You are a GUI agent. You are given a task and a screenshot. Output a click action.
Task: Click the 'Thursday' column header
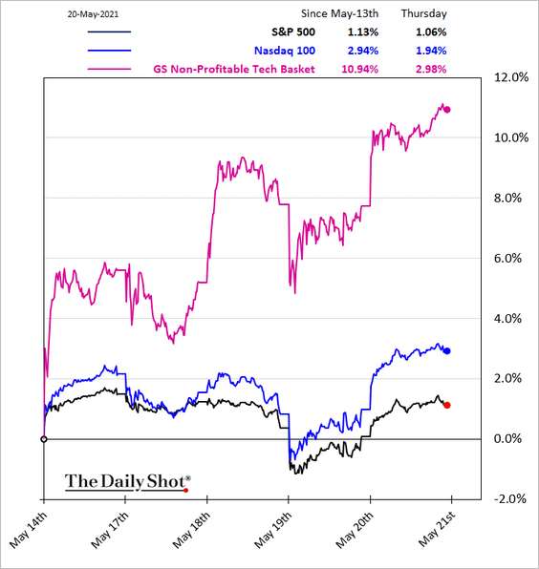tap(423, 15)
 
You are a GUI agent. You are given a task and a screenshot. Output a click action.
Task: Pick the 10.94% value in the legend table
tap(360, 69)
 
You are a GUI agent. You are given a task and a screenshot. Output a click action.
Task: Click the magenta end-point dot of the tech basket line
tap(449, 110)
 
